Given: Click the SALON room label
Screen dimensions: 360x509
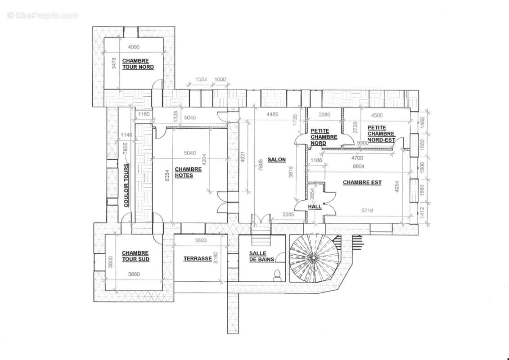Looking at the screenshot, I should click(276, 160).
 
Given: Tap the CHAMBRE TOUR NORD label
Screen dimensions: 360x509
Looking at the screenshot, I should click(138, 64).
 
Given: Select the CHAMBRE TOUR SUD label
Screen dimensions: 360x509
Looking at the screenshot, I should click(135, 256).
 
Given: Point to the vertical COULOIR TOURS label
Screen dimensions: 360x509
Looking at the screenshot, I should click(126, 185).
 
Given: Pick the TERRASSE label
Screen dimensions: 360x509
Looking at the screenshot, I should click(198, 259).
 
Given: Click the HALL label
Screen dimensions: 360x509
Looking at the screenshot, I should click(315, 207).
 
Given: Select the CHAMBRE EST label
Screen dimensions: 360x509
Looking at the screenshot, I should click(362, 183).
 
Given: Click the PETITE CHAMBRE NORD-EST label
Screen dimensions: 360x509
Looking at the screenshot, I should click(381, 134).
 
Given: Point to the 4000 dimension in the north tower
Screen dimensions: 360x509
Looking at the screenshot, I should click(134, 47).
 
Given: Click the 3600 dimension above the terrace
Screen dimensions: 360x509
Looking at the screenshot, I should click(200, 240).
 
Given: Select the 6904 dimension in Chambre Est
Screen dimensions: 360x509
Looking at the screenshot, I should click(359, 166).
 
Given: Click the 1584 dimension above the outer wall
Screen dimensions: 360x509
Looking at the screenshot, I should click(201, 80).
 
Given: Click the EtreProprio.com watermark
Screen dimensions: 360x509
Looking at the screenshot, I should click(43, 16).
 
